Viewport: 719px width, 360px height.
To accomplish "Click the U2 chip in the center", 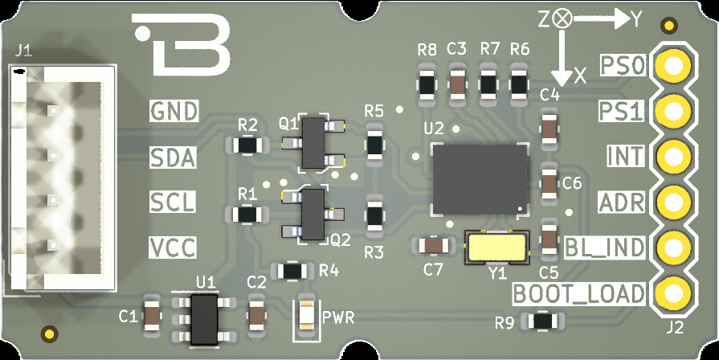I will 480,179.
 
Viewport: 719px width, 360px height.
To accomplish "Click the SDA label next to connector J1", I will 173,157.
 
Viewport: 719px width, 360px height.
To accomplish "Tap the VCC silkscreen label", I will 173,247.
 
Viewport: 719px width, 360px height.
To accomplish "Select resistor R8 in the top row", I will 427,83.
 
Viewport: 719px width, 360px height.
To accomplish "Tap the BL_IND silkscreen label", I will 605,247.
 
